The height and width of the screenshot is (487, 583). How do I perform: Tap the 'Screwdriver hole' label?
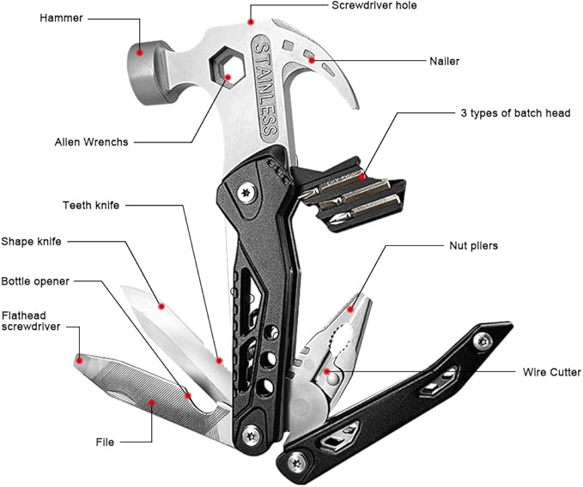click(x=374, y=5)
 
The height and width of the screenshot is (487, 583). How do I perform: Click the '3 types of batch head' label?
click(x=514, y=113)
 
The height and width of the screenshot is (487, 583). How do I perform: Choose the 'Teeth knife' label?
click(x=91, y=206)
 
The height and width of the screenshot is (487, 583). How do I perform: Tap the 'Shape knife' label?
click(x=32, y=243)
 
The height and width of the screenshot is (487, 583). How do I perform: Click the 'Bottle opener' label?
click(x=36, y=281)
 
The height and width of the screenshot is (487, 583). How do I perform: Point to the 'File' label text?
click(x=105, y=442)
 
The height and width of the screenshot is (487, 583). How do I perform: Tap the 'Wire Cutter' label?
click(x=552, y=372)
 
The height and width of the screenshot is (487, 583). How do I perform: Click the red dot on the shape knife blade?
click(x=161, y=304)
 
